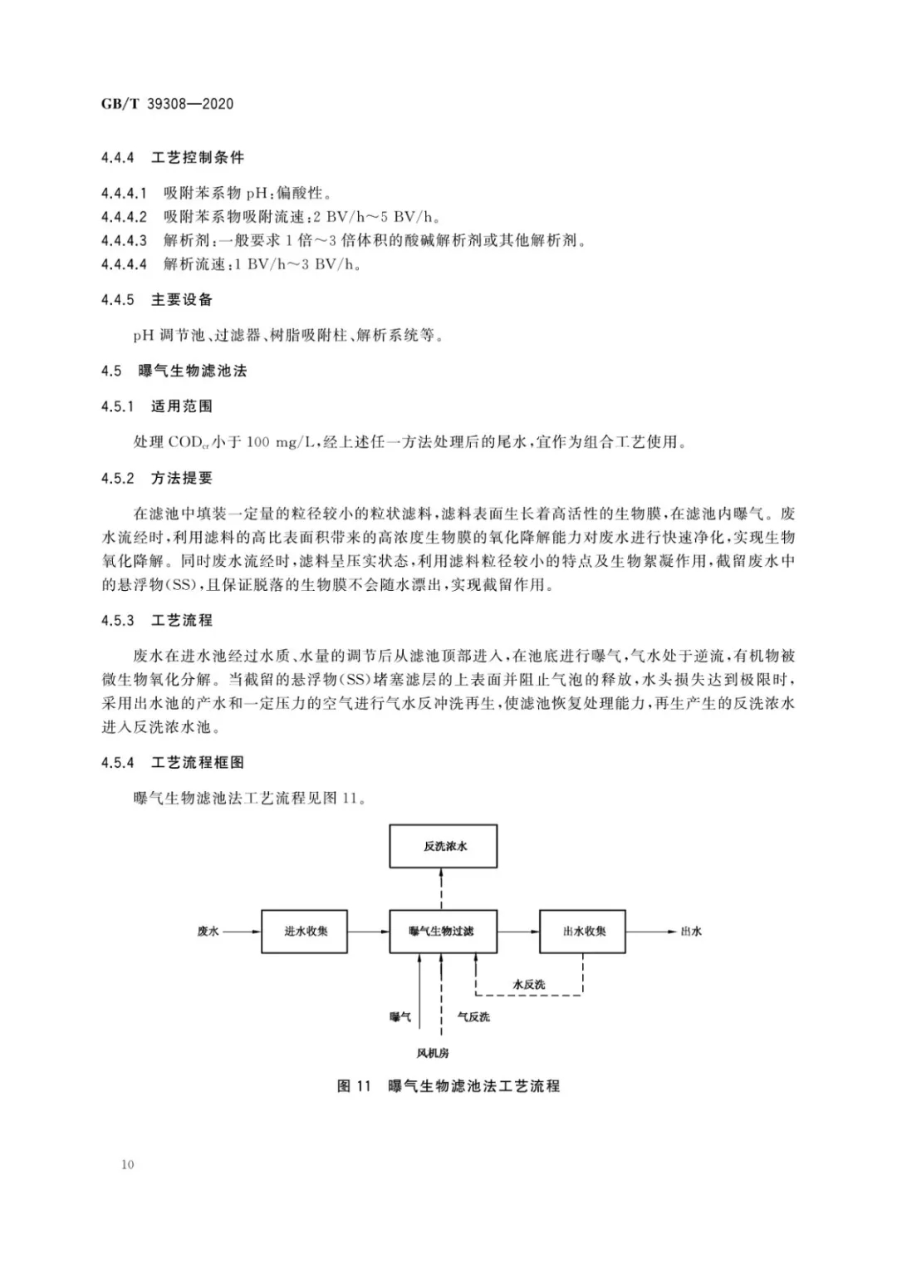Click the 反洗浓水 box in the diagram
pos(444,846)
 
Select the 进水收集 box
pos(304,931)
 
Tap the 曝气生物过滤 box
pos(444,931)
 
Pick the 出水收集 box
pos(582,931)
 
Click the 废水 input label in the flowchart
pos(208,932)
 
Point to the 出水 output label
pos(691,932)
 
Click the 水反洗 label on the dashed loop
pos(529,984)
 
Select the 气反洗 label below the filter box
pos(473,1016)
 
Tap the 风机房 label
pos(433,1053)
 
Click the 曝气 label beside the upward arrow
pos(400,1016)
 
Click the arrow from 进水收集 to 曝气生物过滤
pos(368,931)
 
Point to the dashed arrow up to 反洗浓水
pos(443,888)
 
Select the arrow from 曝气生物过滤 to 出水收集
pos(518,931)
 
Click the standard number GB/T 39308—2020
pos(167,104)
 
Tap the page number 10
pos(127,1164)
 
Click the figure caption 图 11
pos(353,1086)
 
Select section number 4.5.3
pos(117,621)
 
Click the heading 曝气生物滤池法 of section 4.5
pos(193,371)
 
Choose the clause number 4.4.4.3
pos(124,241)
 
